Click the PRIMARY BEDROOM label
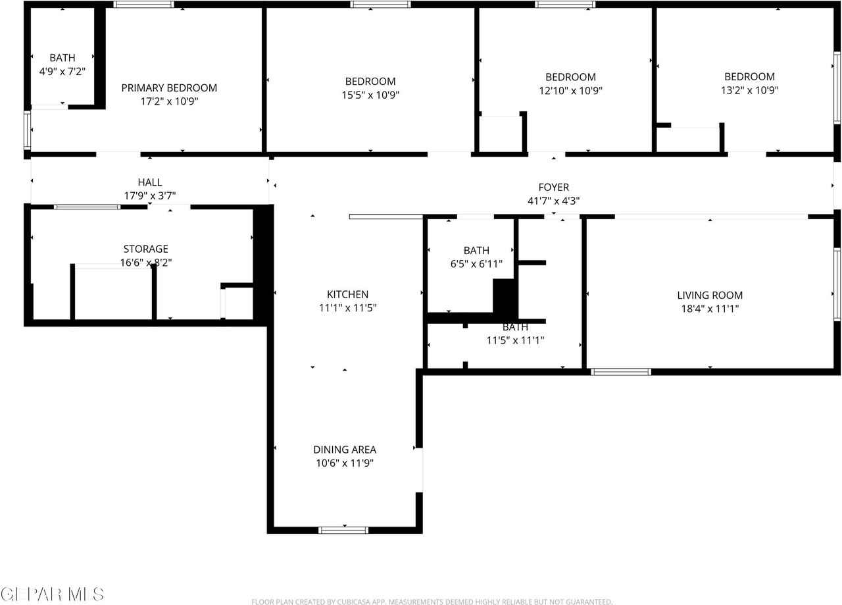tap(169, 88)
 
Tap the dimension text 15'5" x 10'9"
tap(370, 95)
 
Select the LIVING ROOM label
tap(710, 295)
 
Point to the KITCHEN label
tap(347, 294)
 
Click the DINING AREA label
tap(345, 450)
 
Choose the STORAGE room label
tap(146, 249)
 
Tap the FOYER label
tap(553, 188)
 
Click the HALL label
tap(150, 182)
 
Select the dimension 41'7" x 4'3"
tap(553, 201)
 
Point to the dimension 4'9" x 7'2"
tap(62, 71)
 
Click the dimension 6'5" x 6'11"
tap(476, 264)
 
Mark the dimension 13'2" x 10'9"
tap(750, 90)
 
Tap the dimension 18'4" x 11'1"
tap(710, 308)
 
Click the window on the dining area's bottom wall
tap(343, 529)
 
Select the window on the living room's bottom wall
tap(621, 372)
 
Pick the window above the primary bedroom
tap(144, 5)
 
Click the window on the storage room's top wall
tap(87, 207)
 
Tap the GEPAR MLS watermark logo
tap(52, 594)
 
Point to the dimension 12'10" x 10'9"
tap(570, 91)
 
